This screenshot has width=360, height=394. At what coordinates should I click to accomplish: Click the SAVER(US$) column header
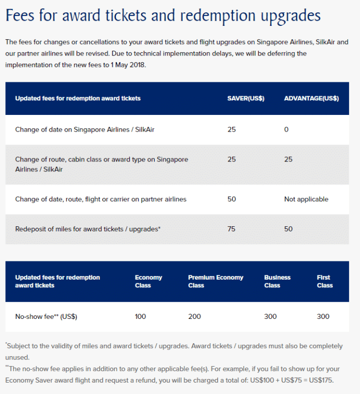[246, 98]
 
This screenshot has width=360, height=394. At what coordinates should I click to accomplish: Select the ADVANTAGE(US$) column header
[311, 98]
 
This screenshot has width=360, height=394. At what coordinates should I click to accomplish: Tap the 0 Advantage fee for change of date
[286, 129]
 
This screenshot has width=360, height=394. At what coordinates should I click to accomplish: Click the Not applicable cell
[306, 199]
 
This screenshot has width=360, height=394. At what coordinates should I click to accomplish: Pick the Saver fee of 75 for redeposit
[231, 229]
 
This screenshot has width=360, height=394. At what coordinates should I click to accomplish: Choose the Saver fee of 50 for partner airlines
[231, 199]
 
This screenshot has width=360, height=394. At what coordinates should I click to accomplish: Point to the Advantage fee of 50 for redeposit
[288, 229]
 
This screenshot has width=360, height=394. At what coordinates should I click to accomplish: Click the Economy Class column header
[148, 282]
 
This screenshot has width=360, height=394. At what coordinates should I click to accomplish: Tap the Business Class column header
[277, 282]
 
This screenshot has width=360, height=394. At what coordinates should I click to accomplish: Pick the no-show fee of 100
[141, 316]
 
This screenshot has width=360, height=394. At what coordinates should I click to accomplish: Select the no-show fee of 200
[194, 316]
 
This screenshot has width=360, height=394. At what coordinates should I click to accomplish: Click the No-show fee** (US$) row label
[46, 316]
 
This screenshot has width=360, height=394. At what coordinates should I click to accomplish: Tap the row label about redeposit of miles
[87, 229]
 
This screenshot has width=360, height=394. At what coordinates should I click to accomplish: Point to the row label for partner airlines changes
[100, 199]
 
